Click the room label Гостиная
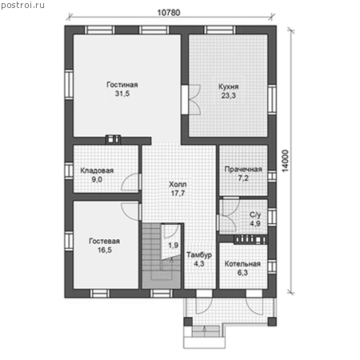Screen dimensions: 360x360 122,85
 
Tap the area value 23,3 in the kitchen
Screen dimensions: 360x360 228,96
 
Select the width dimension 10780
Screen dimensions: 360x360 169,13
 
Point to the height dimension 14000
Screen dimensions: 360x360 286,161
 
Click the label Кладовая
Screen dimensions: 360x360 97,170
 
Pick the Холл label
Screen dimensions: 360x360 178,184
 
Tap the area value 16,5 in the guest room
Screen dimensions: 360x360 105,250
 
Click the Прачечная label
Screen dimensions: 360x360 243,170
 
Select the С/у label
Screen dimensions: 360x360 255,215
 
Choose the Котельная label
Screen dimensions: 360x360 242,264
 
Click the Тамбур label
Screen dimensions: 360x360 199,255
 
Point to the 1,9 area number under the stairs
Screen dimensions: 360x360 174,246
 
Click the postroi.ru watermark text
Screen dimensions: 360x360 22,6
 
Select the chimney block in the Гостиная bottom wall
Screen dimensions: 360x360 113,139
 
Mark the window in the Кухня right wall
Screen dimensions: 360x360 272,100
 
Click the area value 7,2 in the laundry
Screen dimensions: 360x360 243,178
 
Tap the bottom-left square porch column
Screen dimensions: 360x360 188,322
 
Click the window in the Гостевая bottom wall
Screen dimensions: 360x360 100,294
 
